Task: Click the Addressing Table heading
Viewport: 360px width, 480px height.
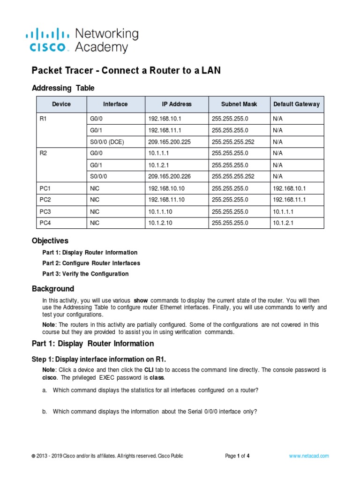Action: coord(63,88)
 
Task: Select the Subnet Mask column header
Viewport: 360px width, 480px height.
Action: coord(239,104)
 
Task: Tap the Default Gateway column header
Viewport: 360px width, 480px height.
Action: coord(296,104)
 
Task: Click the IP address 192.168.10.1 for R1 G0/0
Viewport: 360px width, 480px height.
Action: coord(164,119)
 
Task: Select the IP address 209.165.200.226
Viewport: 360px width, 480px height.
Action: coord(170,176)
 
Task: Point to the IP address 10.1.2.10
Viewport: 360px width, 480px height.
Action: coord(160,223)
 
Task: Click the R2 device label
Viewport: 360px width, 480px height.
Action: coord(44,153)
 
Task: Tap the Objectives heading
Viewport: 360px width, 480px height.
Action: coord(50,241)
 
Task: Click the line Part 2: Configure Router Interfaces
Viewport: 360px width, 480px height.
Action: coord(91,263)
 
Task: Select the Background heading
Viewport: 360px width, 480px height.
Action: coord(52,289)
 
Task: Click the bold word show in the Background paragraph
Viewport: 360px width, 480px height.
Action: coord(141,300)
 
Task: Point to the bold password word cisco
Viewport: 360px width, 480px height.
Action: coord(50,377)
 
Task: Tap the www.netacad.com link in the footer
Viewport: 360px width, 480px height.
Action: coord(308,456)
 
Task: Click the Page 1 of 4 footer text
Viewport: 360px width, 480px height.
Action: coord(237,456)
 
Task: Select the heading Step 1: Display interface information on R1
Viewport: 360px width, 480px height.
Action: coord(98,360)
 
